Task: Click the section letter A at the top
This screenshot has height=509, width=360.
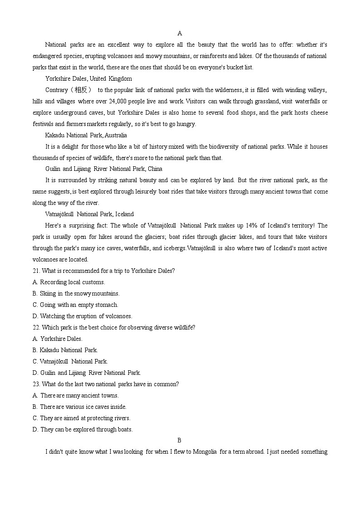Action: tap(180, 33)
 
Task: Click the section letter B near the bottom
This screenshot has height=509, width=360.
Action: tap(180, 440)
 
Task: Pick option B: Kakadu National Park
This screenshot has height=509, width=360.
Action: tap(65, 350)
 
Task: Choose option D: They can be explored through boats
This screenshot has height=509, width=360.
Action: tap(83, 429)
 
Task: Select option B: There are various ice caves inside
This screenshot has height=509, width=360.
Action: tap(79, 407)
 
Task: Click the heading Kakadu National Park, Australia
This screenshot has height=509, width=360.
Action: tap(86, 135)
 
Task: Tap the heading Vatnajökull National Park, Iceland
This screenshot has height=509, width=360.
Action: tap(89, 214)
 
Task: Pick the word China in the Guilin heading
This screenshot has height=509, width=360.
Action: tap(155, 169)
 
